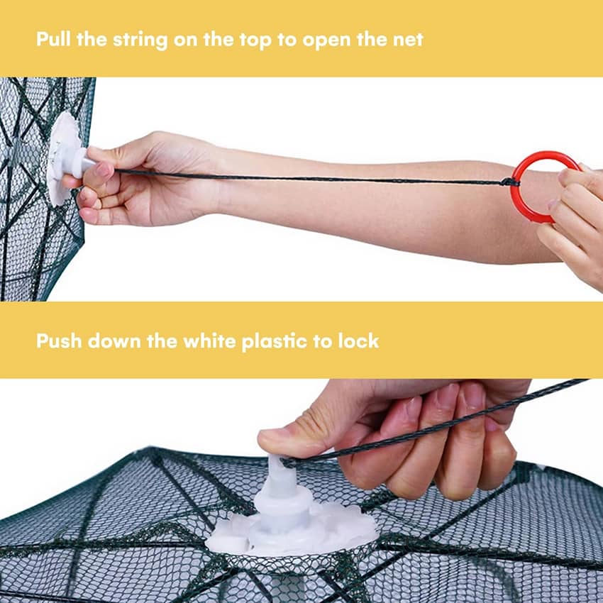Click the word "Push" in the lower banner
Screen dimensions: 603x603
pos(59,341)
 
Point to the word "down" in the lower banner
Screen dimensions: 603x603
pos(114,341)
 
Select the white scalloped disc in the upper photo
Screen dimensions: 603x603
pos(63,158)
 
